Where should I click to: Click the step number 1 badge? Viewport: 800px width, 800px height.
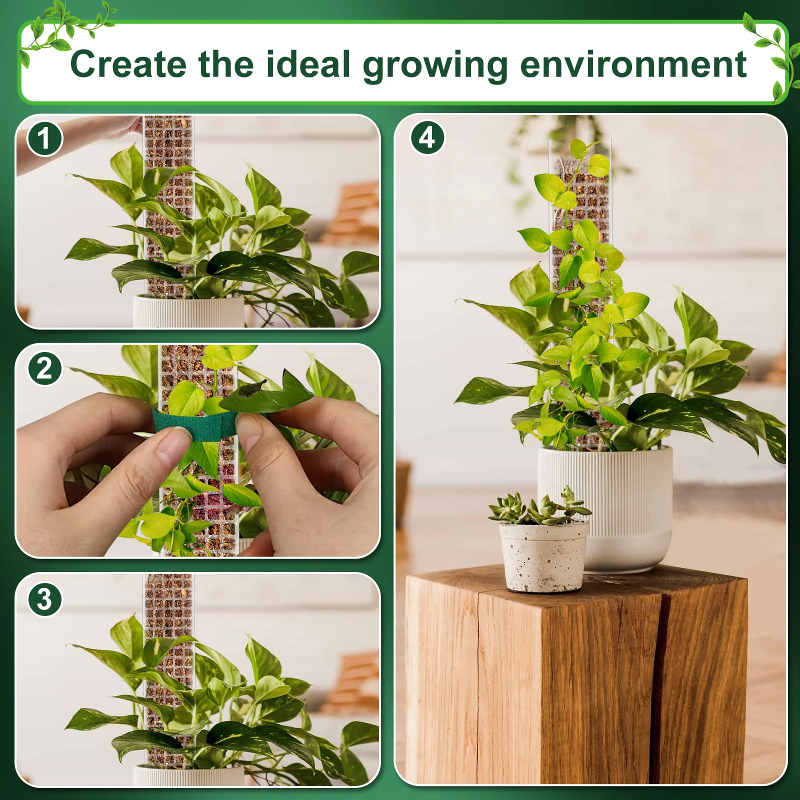pyautogui.click(x=44, y=138)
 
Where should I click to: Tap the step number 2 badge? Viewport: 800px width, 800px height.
pyautogui.click(x=44, y=369)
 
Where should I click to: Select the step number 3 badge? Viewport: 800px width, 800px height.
pyautogui.click(x=44, y=599)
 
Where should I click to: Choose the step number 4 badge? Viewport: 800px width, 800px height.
pyautogui.click(x=427, y=137)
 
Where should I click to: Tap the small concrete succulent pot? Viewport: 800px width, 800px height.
pyautogui.click(x=543, y=557)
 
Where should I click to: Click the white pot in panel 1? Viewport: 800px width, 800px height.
pyautogui.click(x=187, y=312)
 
